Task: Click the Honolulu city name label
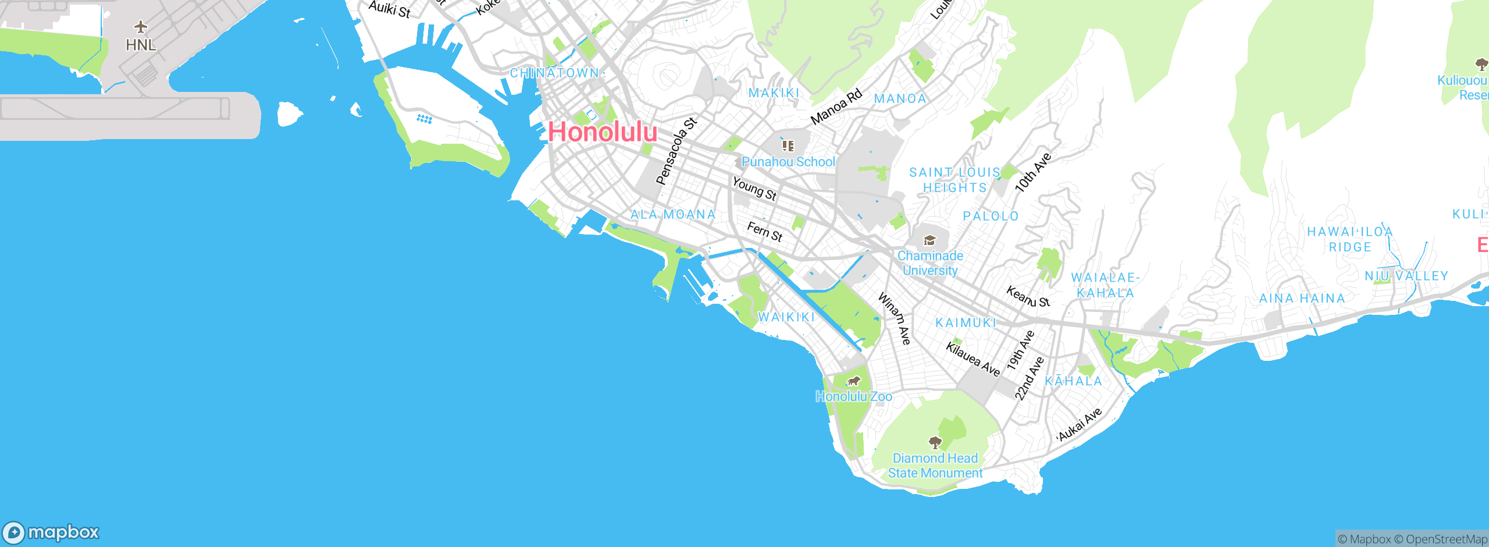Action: point(603,132)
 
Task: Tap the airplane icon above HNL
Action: point(140,27)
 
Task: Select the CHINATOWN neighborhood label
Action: point(554,73)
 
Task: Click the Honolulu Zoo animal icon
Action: point(853,382)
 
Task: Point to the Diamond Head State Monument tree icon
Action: point(935,443)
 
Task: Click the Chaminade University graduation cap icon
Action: point(929,240)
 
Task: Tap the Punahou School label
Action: point(788,162)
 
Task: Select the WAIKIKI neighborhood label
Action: point(786,317)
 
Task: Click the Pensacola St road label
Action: point(676,151)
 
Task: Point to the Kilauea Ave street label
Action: point(973,359)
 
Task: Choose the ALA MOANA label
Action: point(673,215)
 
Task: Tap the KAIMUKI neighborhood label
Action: point(966,323)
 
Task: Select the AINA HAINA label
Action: point(1302,299)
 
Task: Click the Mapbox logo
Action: point(51,532)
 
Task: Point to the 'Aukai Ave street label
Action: point(1079,425)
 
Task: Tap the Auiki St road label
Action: point(390,9)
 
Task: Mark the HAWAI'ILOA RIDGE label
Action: point(1349,239)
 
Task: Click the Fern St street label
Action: point(764,232)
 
